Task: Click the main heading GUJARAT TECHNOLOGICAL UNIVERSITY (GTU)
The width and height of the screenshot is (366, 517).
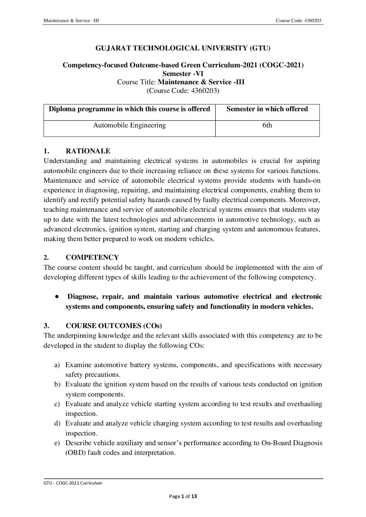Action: coord(183,49)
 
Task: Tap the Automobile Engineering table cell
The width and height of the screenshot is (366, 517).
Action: coord(129,125)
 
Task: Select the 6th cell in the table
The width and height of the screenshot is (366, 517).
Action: coord(267,125)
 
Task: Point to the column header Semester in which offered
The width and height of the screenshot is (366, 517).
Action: coord(267,109)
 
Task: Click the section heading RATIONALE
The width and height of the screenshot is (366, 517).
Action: coord(88,151)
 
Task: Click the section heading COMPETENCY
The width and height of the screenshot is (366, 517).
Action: coord(92,257)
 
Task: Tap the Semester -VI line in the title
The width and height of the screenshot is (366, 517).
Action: coord(183,73)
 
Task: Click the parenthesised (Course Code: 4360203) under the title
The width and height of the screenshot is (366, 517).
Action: coord(183,91)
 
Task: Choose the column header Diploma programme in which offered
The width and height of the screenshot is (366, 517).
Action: coord(129,109)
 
